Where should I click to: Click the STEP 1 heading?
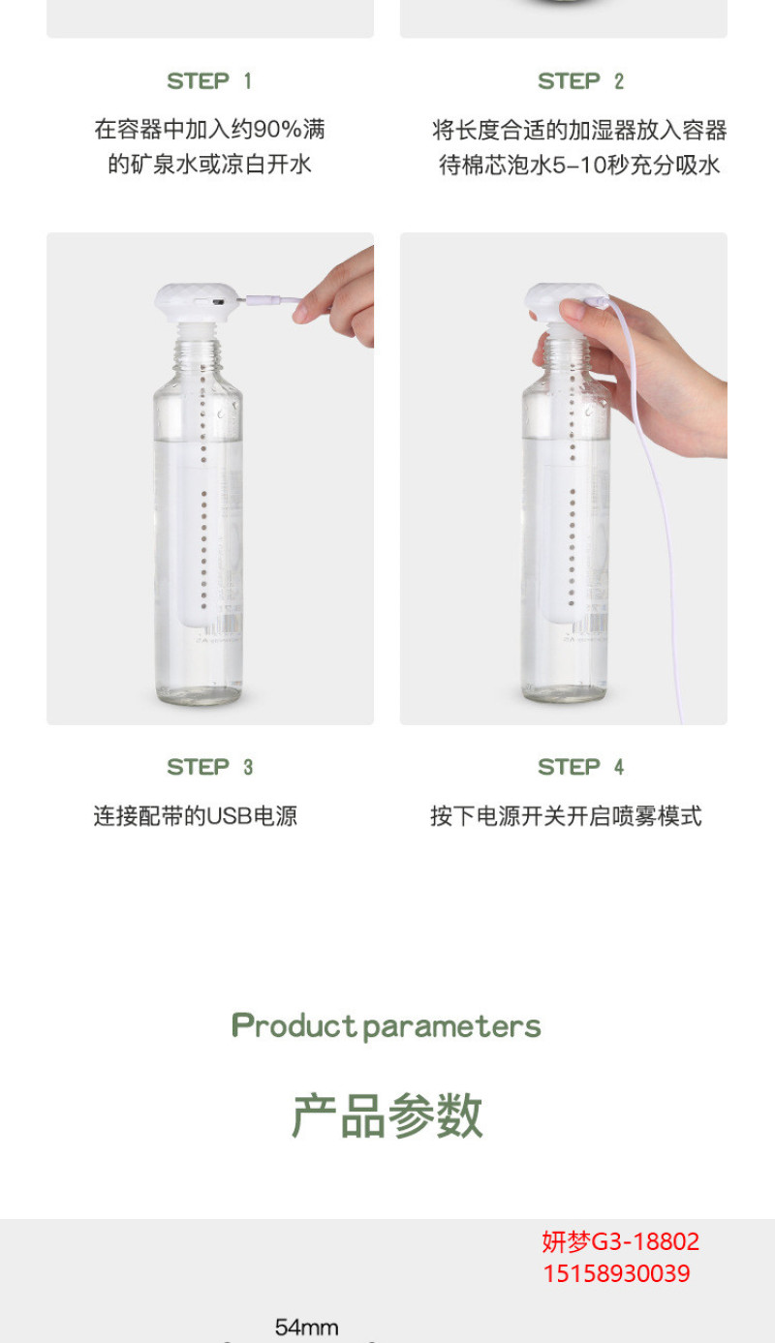pos(209,81)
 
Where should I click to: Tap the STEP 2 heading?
pos(580,81)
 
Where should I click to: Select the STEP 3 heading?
pos(209,767)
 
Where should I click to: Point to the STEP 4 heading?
pos(580,767)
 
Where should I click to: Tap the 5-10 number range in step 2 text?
pos(579,166)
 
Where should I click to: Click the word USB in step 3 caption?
pos(230,816)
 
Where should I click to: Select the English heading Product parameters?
pos(387,1026)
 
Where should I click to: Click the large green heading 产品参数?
pos(387,1115)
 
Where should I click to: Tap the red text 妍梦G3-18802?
pos(621,1241)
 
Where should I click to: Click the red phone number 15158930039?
pos(617,1273)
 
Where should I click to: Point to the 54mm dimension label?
pos(306,1328)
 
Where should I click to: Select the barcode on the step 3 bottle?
pos(223,625)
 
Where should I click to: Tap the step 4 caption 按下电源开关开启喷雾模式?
pos(567,816)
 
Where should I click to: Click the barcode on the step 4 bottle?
pos(590,625)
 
